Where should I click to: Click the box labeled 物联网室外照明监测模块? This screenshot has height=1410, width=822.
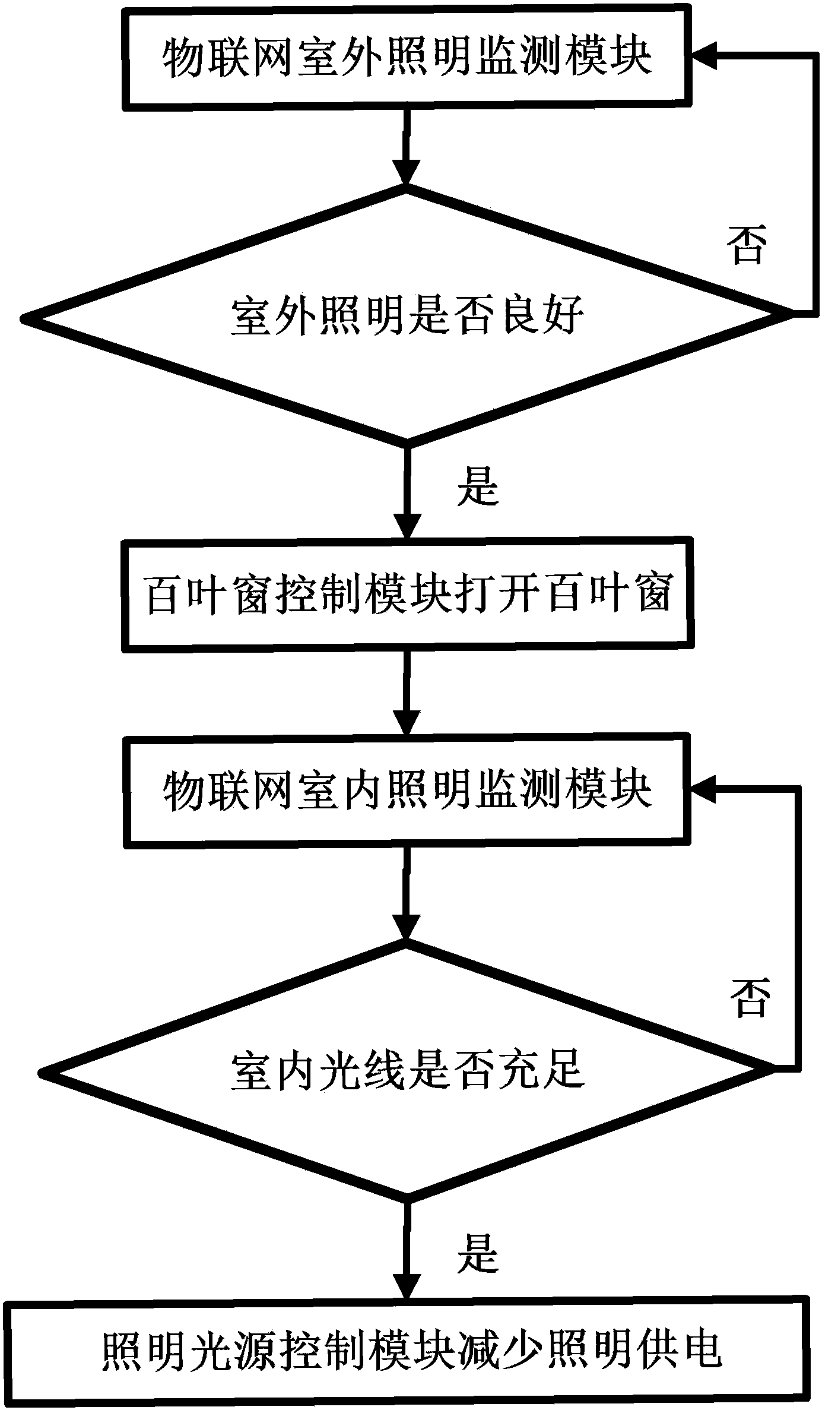tap(407, 58)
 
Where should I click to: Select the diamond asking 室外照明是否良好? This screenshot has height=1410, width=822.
tap(407, 316)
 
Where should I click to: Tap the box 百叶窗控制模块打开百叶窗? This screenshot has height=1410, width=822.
tap(407, 593)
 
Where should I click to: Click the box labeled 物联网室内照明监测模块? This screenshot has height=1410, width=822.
tap(407, 790)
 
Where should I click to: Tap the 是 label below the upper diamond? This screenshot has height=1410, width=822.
tap(478, 485)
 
